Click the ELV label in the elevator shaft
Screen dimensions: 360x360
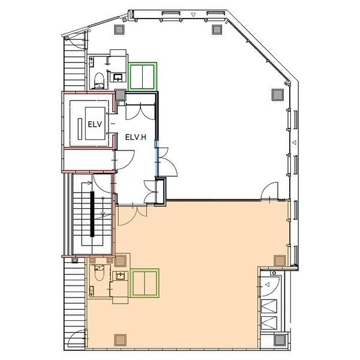pyautogui.click(x=95, y=124)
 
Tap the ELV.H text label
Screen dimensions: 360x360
pyautogui.click(x=136, y=137)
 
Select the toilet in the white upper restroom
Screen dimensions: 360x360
pyautogui.click(x=99, y=80)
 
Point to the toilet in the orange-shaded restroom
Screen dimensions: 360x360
pyautogui.click(x=99, y=273)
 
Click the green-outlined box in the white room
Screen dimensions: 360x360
pyautogui.click(x=142, y=77)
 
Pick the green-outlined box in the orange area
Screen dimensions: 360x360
pyautogui.click(x=145, y=283)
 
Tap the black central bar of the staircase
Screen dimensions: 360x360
pyautogui.click(x=92, y=214)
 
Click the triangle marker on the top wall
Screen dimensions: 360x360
pyautogui.click(x=193, y=15)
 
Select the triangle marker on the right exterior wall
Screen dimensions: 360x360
pyautogui.click(x=295, y=143)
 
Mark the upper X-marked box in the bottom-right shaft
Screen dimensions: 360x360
pyautogui.click(x=269, y=306)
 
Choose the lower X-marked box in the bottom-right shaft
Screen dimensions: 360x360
pyautogui.click(x=269, y=323)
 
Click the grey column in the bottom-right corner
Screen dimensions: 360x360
pyautogui.click(x=280, y=340)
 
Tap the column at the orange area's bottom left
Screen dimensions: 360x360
pyautogui.click(x=121, y=340)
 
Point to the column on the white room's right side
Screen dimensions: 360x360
pyautogui.click(x=278, y=95)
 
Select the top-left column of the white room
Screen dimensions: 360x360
pyautogui.click(x=119, y=29)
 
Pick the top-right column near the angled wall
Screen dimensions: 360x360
pyautogui.click(x=217, y=29)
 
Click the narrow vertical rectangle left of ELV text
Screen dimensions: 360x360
pyautogui.click(x=80, y=129)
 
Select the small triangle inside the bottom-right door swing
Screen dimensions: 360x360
pyautogui.click(x=267, y=284)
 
